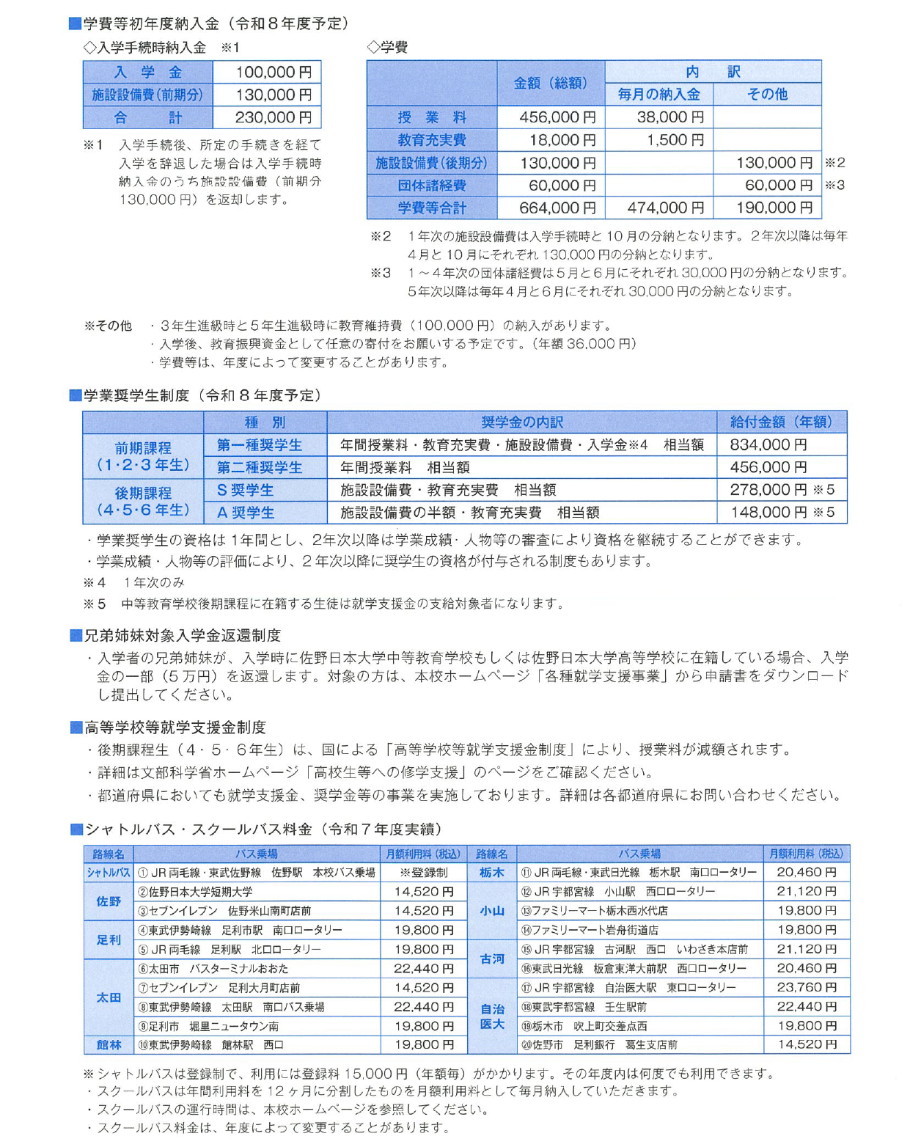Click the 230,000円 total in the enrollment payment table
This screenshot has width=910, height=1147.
[272, 117]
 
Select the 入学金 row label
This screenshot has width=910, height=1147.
[147, 73]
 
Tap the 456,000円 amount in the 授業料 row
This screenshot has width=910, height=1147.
[557, 117]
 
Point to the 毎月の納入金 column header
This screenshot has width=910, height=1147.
[658, 95]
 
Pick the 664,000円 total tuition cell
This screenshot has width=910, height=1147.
[557, 208]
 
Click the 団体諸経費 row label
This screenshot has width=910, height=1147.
[431, 186]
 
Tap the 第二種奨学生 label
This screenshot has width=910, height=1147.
[260, 467]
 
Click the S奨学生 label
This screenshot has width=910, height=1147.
[245, 490]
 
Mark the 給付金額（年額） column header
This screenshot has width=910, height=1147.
[781, 422]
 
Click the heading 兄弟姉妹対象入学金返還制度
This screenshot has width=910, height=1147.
[183, 635]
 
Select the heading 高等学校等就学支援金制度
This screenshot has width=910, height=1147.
[175, 728]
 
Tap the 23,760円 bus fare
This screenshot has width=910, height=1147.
[806, 987]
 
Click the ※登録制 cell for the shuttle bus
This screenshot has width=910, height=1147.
[423, 873]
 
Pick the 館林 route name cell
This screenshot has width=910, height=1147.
[109, 1044]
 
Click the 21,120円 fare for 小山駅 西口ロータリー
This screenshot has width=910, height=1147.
[806, 892]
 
